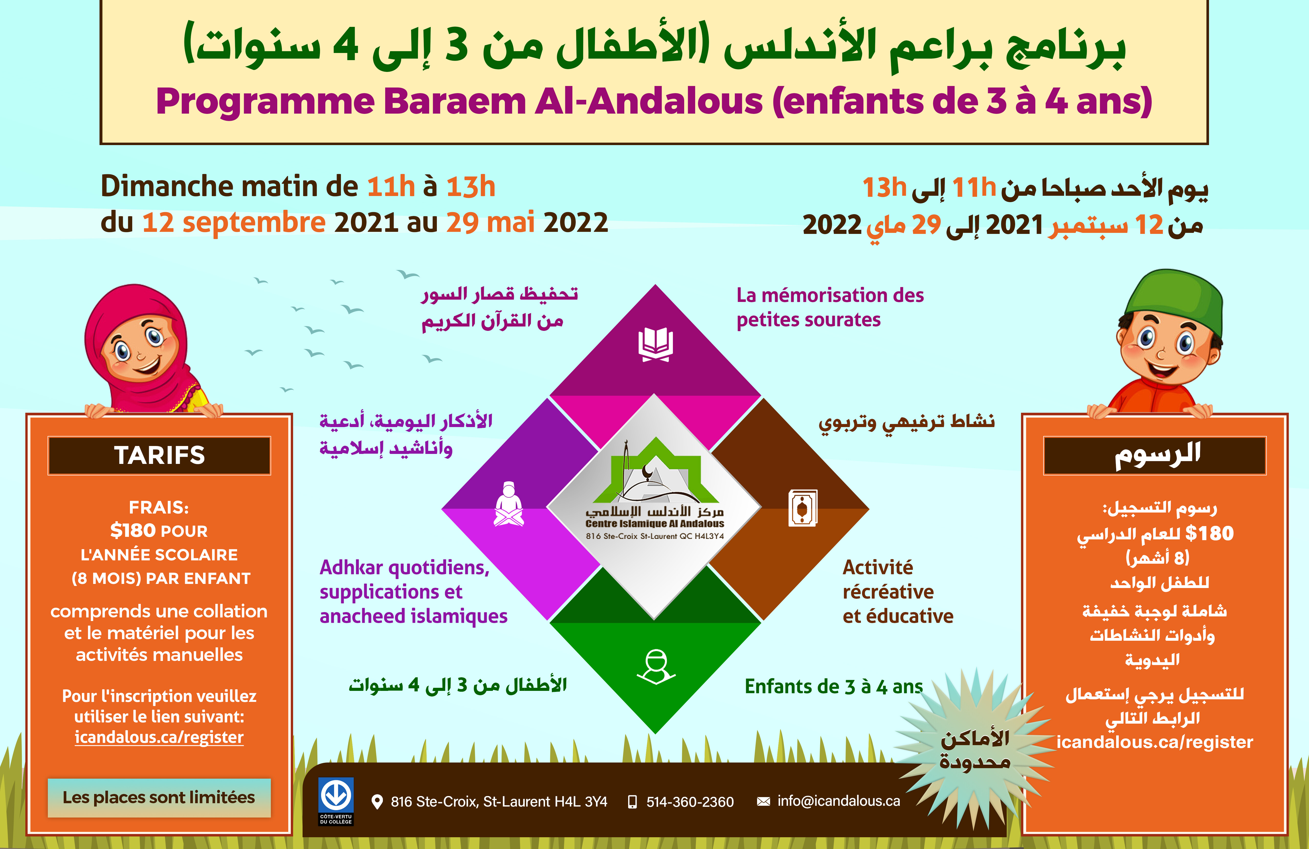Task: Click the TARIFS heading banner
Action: [x=160, y=455]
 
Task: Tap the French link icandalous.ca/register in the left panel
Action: [x=159, y=737]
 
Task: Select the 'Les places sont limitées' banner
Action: [x=159, y=797]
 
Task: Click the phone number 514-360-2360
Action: [x=690, y=802]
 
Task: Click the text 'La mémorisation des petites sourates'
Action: [x=830, y=307]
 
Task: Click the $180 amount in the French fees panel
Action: [x=132, y=530]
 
